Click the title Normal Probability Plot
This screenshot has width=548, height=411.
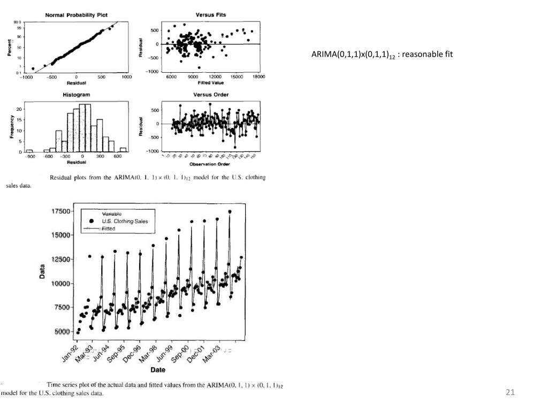click(76, 15)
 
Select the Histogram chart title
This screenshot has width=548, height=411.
click(77, 95)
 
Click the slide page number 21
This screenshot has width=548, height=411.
click(510, 393)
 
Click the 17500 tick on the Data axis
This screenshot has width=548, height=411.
click(60, 211)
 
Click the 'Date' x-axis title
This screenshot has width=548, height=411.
click(158, 369)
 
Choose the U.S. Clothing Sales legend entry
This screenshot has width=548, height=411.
click(125, 221)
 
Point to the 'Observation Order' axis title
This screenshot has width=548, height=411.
click(210, 164)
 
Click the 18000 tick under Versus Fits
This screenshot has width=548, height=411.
click(258, 77)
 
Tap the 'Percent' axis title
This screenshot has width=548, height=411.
click(9, 47)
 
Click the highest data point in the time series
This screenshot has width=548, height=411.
click(230, 211)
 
